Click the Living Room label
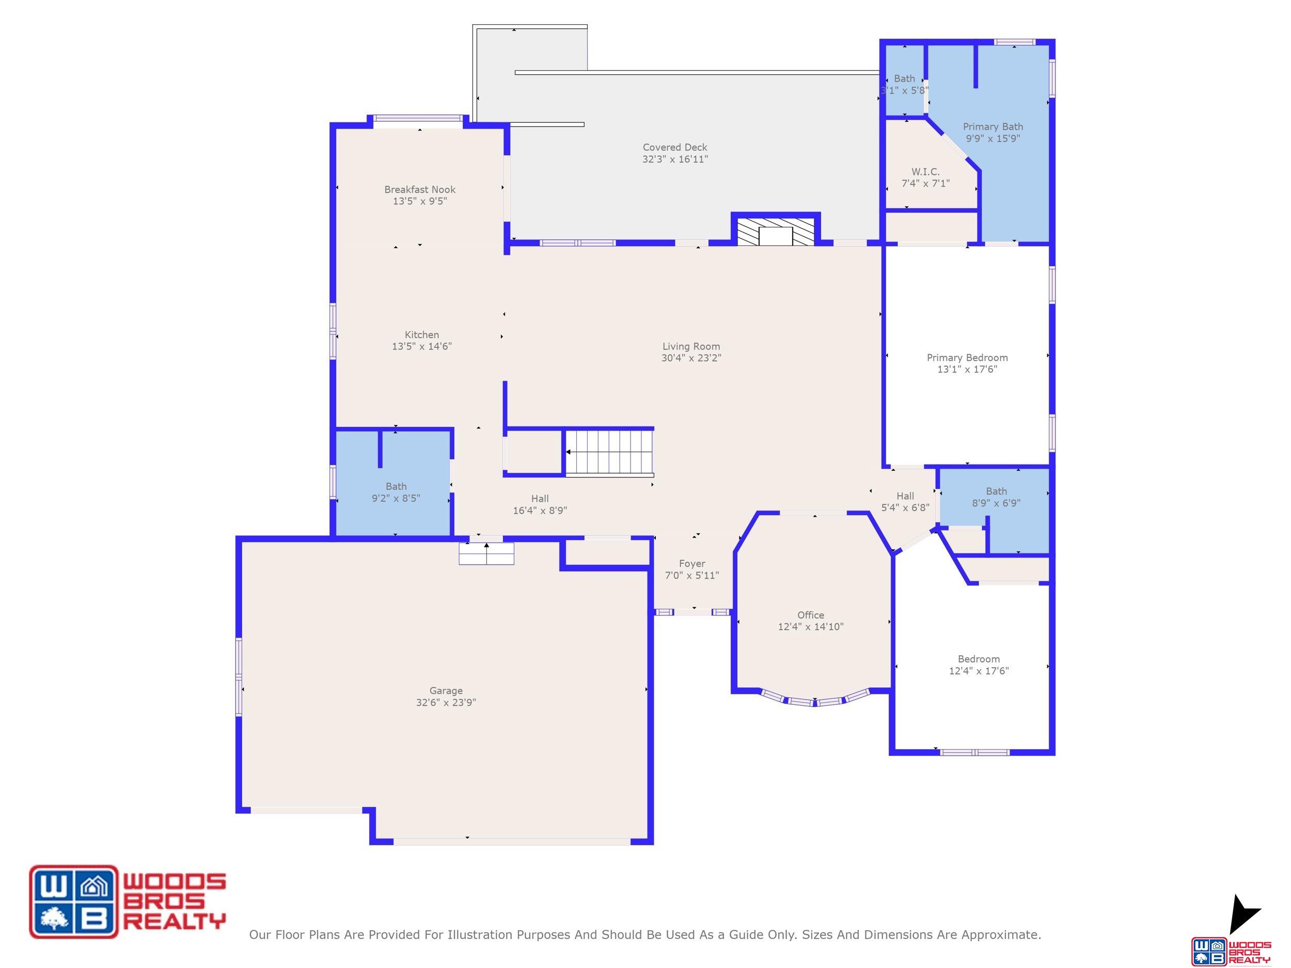tap(691, 346)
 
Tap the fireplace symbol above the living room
tap(776, 232)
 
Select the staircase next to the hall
tap(609, 452)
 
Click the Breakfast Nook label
tap(420, 189)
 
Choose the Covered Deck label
tap(675, 148)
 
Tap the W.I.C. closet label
tap(925, 171)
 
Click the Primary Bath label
tap(993, 126)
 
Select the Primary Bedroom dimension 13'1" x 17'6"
tap(967, 369)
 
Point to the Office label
tap(811, 615)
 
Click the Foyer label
tap(692, 564)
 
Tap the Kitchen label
tap(422, 335)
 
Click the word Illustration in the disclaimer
tap(481, 935)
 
